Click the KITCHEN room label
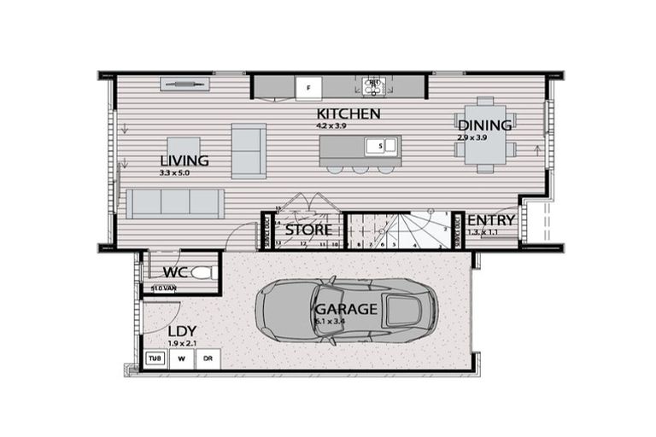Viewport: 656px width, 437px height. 348,114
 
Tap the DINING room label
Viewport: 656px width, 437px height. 484,125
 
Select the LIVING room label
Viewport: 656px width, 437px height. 184,160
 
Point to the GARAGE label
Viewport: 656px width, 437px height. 345,309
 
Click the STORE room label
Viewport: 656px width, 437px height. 308,230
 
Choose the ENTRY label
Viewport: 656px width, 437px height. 491,220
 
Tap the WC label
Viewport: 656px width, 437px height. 175,272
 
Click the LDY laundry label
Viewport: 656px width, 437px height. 181,331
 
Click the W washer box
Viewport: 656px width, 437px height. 181,359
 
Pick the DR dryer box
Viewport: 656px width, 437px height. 207,359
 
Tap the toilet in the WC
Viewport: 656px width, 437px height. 202,273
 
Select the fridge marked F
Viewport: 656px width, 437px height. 309,86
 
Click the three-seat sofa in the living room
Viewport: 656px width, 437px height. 175,203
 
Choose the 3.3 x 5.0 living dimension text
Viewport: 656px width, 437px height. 174,173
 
